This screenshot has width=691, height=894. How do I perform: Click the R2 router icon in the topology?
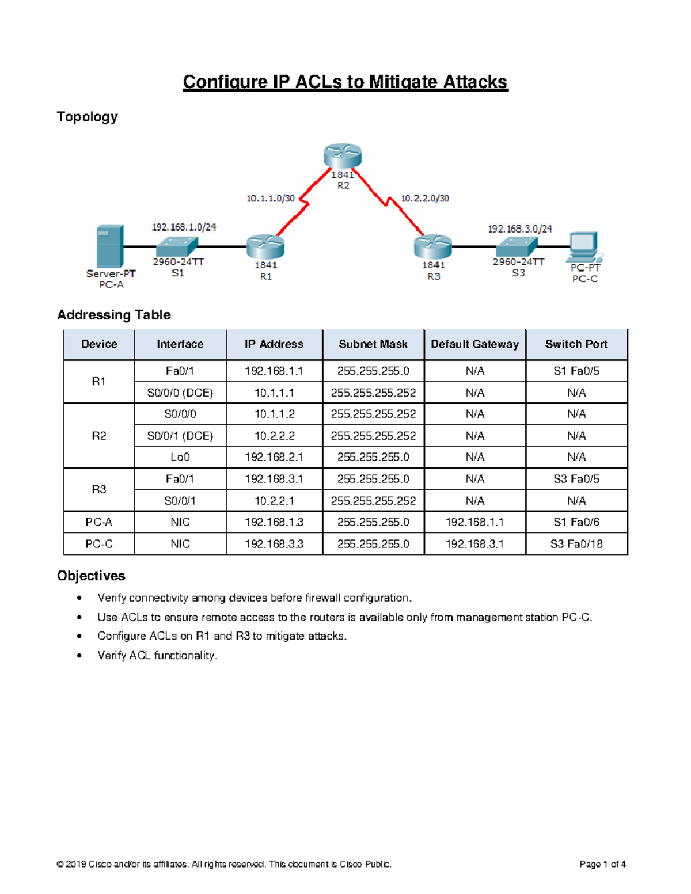[x=343, y=155]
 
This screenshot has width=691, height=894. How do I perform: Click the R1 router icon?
[x=265, y=246]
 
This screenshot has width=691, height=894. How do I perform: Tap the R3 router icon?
[x=432, y=246]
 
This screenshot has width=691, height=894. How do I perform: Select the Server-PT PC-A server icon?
[x=110, y=246]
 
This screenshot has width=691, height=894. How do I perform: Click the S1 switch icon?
[x=177, y=246]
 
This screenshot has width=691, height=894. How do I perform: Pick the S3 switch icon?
[x=517, y=246]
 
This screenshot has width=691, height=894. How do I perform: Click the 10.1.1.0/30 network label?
[x=271, y=199]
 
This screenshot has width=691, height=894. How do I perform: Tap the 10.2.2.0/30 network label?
[x=425, y=199]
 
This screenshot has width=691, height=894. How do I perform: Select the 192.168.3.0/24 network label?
[x=520, y=229]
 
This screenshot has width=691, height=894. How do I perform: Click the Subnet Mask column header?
[x=373, y=344]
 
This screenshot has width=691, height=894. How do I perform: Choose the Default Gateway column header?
[x=475, y=344]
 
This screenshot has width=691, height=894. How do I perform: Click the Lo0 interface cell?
[x=180, y=457]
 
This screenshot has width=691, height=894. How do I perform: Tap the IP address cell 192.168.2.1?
[x=274, y=457]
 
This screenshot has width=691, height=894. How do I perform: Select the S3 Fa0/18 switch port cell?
[x=576, y=544]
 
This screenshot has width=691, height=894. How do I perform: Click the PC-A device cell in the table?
[x=99, y=522]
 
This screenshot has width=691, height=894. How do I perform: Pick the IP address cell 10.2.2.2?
[x=274, y=436]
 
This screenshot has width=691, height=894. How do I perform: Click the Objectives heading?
[x=91, y=576]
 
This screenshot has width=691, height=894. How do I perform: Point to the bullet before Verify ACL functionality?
[x=79, y=656]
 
